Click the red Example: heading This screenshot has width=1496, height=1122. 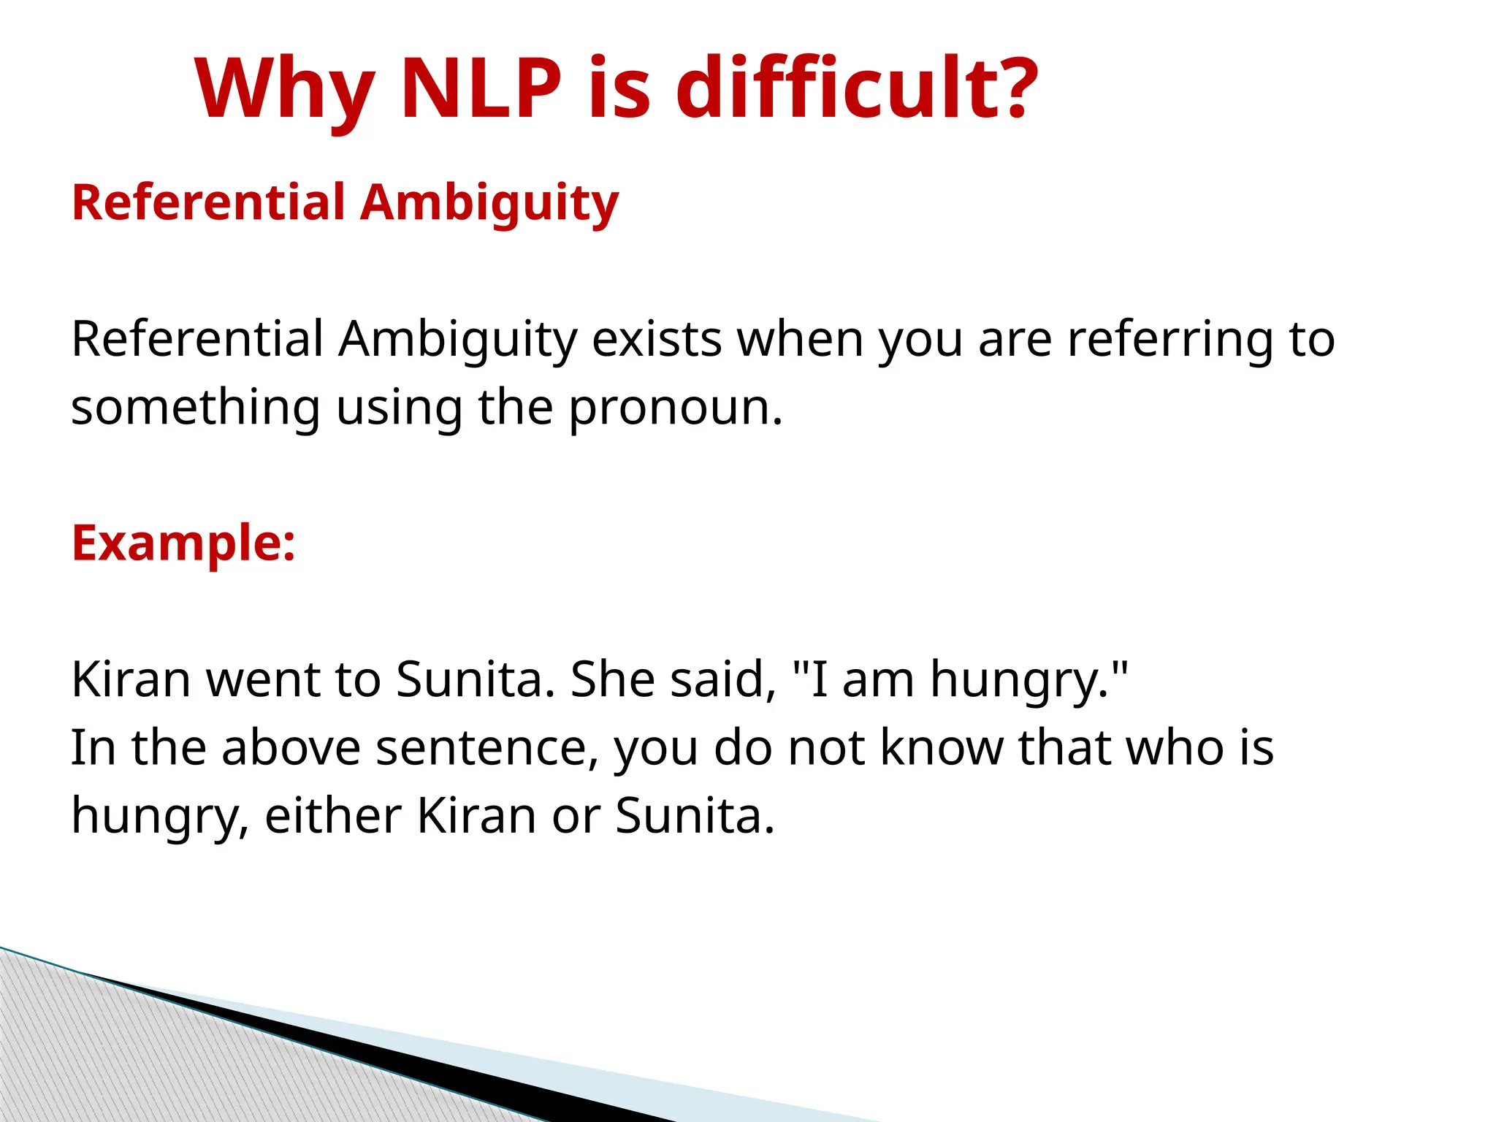point(183,543)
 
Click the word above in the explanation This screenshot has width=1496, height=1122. point(291,748)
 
